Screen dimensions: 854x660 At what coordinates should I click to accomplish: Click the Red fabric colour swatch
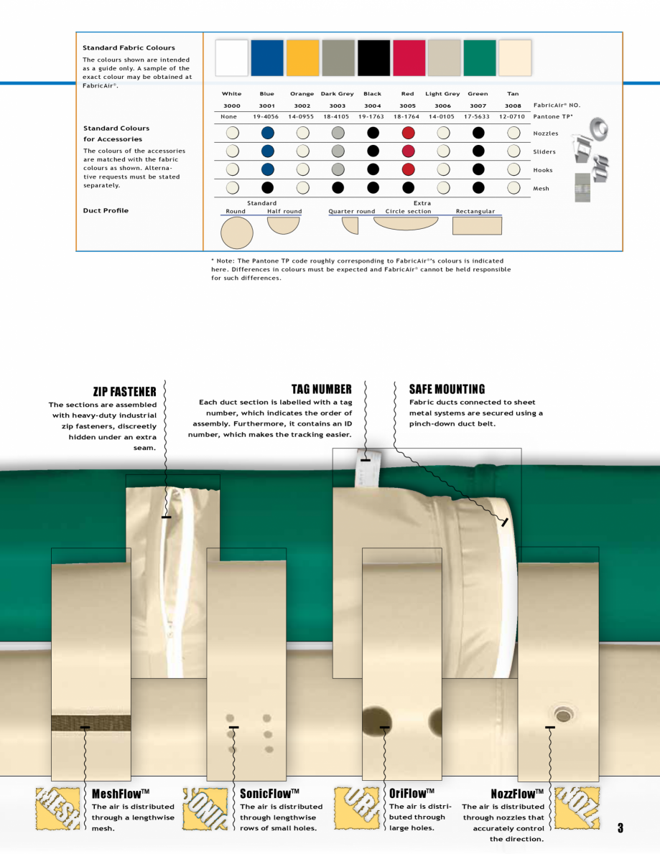(408, 58)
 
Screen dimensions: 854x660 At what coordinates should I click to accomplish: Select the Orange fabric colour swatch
(302, 58)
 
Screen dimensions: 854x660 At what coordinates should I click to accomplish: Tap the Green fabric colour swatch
(479, 58)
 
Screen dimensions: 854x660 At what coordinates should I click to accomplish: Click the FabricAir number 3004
(372, 105)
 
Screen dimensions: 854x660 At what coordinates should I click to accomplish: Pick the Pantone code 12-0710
(512, 116)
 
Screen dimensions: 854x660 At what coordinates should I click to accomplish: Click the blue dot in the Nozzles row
(267, 133)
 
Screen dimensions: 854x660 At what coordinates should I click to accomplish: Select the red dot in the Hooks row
(408, 169)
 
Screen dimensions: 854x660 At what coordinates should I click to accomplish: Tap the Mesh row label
(542, 189)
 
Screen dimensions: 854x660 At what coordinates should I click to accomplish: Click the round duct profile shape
(237, 233)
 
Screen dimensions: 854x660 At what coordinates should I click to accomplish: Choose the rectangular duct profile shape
(477, 226)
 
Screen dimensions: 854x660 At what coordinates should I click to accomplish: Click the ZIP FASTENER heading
(124, 391)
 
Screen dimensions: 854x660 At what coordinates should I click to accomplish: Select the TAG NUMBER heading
(321, 390)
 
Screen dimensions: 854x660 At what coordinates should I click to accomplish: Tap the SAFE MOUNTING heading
(447, 389)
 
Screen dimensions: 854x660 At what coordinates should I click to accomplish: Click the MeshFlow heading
(120, 794)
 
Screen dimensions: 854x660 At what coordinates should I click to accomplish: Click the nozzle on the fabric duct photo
(564, 714)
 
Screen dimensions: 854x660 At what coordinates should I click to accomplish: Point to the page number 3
(621, 828)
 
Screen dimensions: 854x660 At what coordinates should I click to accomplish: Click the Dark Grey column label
(337, 94)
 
